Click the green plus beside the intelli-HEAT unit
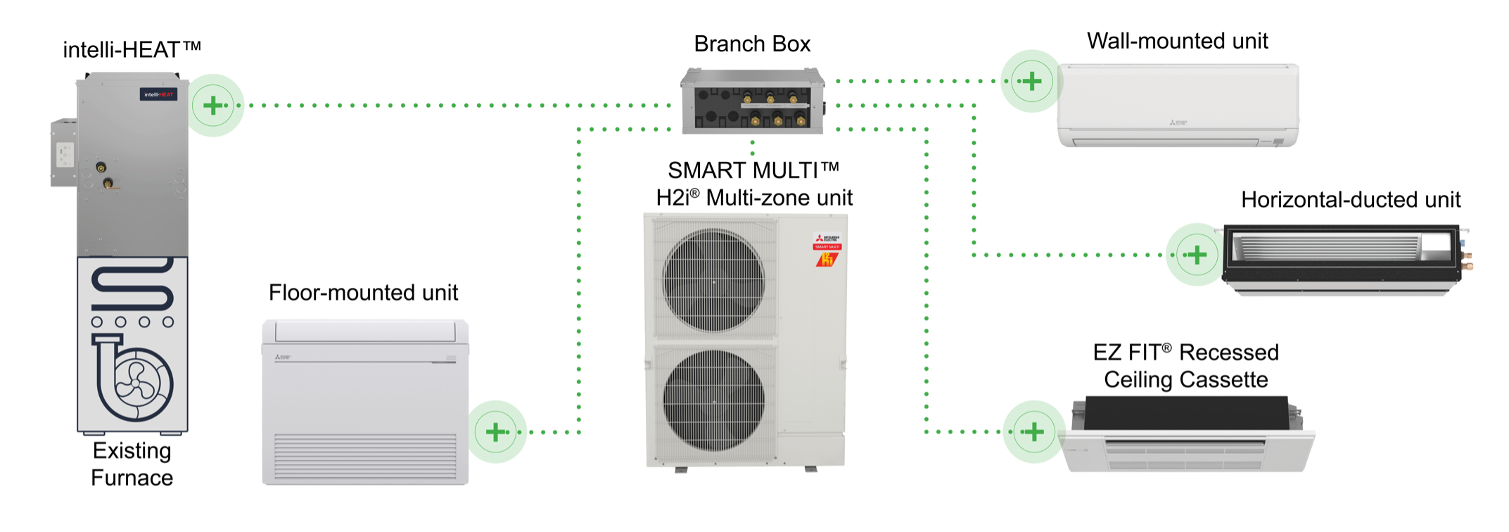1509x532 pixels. click(213, 106)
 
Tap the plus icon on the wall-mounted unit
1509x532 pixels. click(1031, 81)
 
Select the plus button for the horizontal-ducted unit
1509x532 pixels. click(1197, 255)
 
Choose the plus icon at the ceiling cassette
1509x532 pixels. click(1033, 431)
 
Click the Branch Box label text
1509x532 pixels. click(752, 44)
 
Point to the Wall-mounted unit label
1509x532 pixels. click(1177, 41)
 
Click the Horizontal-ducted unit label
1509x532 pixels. click(1350, 200)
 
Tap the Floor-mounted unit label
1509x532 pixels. click(363, 293)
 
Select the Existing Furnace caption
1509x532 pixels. click(132, 464)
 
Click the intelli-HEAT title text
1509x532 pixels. click(132, 50)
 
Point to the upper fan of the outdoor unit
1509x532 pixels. click(713, 281)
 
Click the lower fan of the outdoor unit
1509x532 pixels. click(713, 400)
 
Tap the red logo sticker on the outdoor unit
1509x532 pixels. click(827, 251)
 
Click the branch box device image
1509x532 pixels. click(752, 101)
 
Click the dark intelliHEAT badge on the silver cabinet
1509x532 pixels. click(158, 94)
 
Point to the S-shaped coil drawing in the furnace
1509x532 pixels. click(132, 285)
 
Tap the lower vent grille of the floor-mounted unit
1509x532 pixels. click(365, 457)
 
